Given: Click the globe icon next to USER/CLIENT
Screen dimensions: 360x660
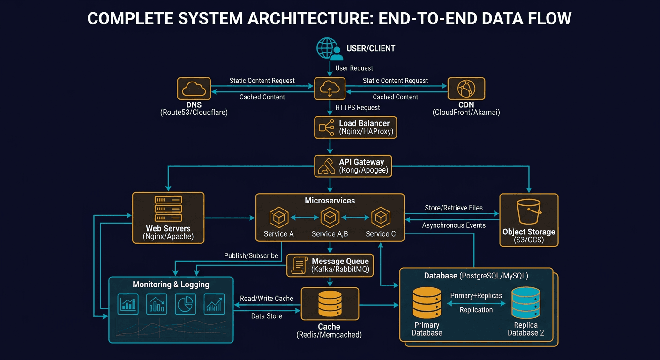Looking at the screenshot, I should coord(327,48).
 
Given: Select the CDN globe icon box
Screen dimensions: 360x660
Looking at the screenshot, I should coord(466,89).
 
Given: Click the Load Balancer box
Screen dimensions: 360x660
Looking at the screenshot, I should coord(355,127).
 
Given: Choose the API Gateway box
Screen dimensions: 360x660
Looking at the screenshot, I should coord(352,165).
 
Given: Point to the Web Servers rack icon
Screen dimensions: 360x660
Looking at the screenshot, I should coord(168,209).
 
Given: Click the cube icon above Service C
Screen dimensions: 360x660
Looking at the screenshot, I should coord(381,217).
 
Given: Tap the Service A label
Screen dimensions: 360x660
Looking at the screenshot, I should coord(278,233).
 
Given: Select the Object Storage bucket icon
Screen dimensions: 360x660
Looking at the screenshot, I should coord(529,211).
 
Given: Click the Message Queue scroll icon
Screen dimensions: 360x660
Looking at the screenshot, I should coord(298,265).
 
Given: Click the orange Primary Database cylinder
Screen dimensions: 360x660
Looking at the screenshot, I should coord(427,303).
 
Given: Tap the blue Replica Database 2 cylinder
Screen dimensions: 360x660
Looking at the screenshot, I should coord(525,303).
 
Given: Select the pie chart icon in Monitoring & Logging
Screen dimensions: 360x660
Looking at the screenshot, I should coord(185,304).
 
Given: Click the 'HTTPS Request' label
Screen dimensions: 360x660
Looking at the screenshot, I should coord(358,107).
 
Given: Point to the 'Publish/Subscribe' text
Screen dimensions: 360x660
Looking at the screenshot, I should coord(251,256).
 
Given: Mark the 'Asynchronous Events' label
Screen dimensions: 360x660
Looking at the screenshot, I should coord(453,225).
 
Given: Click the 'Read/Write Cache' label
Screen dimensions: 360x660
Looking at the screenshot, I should coord(266,298).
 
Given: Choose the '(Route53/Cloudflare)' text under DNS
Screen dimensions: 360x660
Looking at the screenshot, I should coord(194,112).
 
